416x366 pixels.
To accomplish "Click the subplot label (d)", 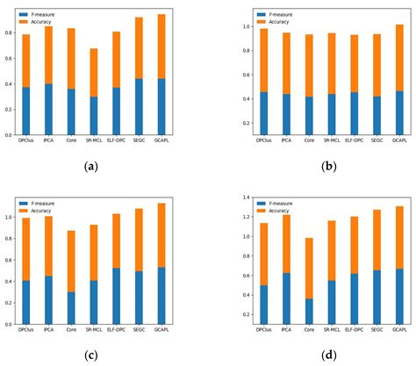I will (x=309, y=355).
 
